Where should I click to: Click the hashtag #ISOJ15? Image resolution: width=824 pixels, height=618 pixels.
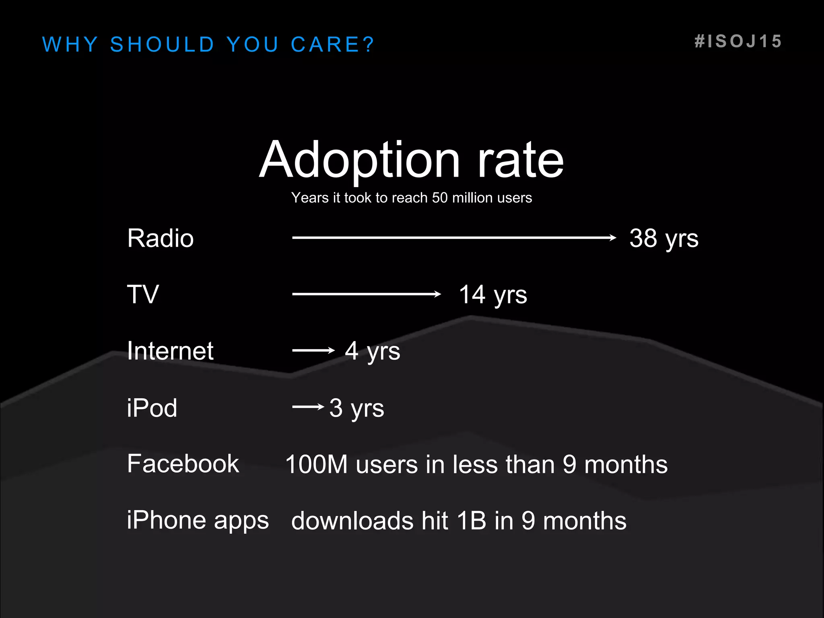pos(738,41)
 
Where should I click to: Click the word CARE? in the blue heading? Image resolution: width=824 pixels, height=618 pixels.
pos(332,44)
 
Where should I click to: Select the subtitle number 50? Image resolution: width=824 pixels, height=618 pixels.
pos(440,198)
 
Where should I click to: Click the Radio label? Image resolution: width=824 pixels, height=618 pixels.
pos(160,238)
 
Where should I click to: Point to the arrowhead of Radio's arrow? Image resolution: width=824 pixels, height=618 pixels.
pos(613,238)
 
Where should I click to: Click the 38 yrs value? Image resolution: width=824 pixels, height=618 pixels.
pos(663,238)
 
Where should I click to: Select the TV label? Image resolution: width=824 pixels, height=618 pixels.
pos(143,294)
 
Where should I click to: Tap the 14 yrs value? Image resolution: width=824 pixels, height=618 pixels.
pos(492,295)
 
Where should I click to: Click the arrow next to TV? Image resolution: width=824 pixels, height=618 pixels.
pos(366,294)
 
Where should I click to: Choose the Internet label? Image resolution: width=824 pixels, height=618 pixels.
pos(170,350)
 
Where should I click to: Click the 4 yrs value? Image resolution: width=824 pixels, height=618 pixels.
pos(372,351)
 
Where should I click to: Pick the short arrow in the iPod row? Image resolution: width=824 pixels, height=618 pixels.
pos(308,407)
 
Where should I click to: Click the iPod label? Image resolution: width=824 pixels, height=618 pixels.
pos(152,408)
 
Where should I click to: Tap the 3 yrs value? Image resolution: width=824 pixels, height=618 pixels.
pos(356,408)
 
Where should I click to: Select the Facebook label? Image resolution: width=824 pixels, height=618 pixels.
pos(183,463)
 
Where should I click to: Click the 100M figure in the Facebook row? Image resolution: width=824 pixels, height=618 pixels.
pos(316,464)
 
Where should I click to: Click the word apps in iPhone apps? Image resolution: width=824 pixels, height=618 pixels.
pos(241,521)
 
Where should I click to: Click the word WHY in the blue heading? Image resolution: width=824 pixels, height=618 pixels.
pos(70,44)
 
